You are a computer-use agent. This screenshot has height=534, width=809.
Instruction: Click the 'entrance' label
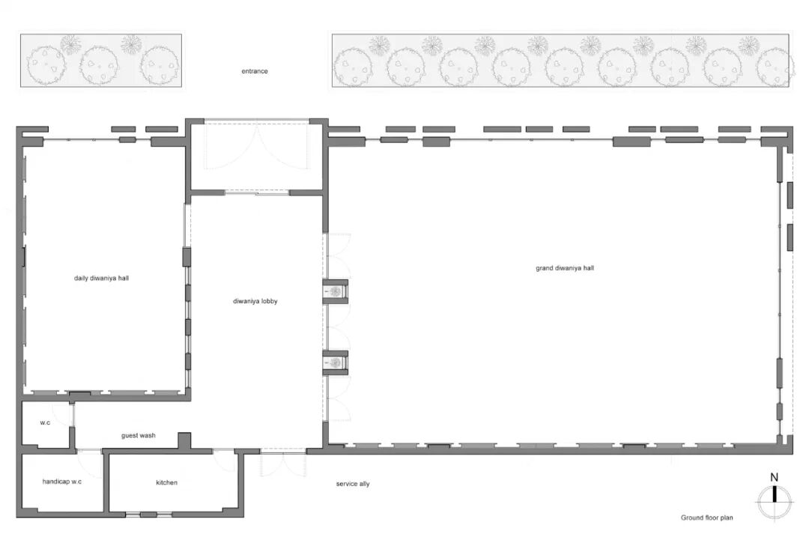(x=255, y=71)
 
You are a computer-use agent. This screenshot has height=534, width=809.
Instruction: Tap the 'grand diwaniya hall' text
(x=565, y=268)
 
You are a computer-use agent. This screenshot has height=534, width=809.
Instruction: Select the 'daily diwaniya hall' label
(x=101, y=278)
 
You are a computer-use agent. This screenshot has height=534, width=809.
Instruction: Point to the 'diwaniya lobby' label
(x=255, y=301)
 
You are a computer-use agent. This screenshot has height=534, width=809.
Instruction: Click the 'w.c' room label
(x=46, y=422)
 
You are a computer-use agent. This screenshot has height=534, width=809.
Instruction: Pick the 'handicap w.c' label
(x=62, y=482)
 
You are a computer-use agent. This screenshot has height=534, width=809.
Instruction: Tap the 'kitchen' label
(x=166, y=482)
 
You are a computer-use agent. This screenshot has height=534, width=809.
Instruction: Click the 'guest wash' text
(x=139, y=435)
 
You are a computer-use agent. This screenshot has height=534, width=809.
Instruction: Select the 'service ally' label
(x=353, y=484)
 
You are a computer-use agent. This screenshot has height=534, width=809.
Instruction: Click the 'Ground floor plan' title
(x=706, y=518)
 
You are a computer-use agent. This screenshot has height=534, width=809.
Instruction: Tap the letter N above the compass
(x=774, y=477)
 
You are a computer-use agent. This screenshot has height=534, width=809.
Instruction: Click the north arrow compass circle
(x=775, y=502)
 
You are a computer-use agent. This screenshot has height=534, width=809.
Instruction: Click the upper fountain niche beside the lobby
(x=336, y=291)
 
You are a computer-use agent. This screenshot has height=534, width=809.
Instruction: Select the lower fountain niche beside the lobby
(x=336, y=362)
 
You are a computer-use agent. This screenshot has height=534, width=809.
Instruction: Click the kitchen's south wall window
(x=148, y=515)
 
